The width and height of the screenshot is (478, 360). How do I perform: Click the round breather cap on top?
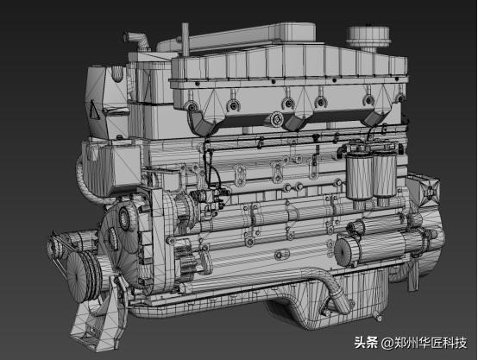click(368, 37)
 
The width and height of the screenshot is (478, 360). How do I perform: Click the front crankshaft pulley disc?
click(81, 277)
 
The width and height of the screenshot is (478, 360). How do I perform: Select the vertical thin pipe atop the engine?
click(186, 39)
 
